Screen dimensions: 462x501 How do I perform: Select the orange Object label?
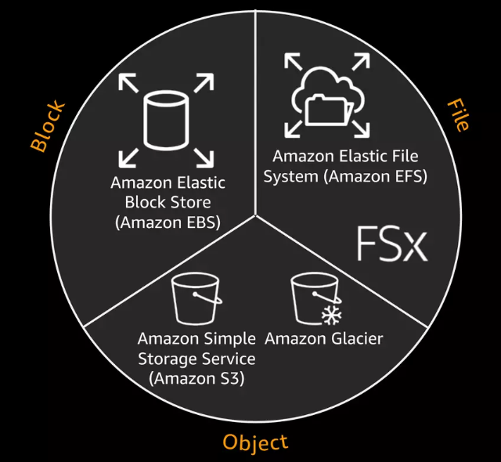click(255, 442)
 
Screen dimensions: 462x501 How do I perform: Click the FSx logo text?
click(392, 244)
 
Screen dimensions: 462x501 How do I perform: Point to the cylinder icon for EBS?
click(167, 119)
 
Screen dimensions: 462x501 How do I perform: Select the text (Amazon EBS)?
click(168, 222)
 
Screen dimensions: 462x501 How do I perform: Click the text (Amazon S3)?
click(196, 379)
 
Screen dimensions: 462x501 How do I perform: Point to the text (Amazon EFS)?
click(375, 176)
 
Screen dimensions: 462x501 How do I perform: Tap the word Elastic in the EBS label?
click(198, 183)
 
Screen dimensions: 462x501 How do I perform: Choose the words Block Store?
click(168, 203)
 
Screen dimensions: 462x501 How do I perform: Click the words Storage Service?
click(196, 359)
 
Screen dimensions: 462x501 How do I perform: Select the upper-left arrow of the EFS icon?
click(293, 62)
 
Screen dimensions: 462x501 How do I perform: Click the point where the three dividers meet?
click(255, 212)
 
